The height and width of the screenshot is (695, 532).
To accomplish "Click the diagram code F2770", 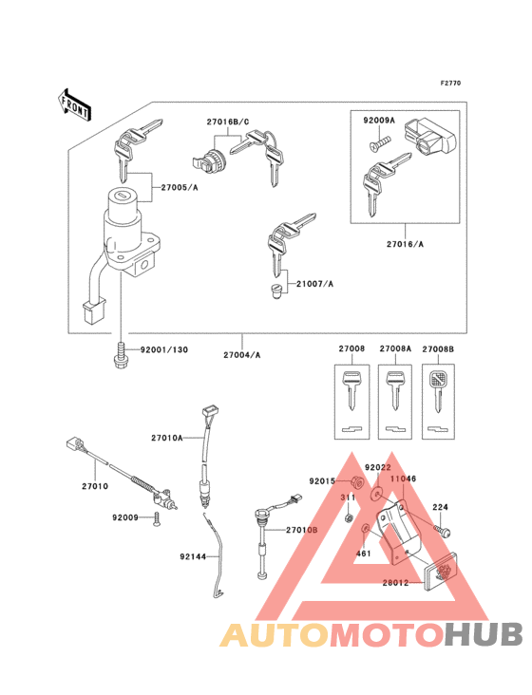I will click(x=450, y=85).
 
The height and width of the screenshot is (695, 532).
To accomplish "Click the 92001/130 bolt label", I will click(x=165, y=349).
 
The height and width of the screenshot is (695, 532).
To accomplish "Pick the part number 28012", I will click(x=395, y=582).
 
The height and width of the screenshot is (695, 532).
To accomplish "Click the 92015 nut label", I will click(x=321, y=481).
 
